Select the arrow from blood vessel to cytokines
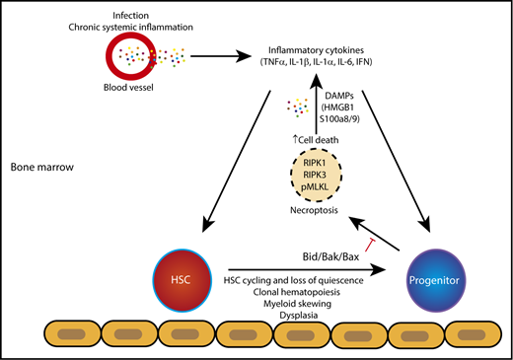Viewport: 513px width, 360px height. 224,57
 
